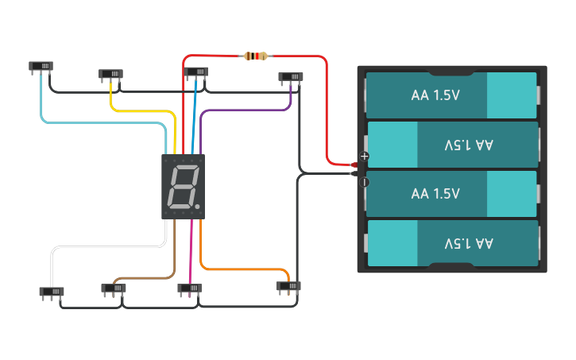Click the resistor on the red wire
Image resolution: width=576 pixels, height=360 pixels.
255,56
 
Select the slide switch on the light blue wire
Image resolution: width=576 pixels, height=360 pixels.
41,66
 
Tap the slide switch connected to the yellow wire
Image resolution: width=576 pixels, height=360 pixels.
110,74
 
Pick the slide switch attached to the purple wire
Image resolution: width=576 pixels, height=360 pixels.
291,77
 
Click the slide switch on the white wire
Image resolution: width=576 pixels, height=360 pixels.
52,292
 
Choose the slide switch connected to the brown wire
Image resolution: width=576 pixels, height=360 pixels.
114,288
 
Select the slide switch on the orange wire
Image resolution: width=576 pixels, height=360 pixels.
288,286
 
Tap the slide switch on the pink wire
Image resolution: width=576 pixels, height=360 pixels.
190,288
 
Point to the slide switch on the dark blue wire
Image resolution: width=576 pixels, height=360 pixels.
196,72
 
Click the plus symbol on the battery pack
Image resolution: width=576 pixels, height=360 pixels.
365,157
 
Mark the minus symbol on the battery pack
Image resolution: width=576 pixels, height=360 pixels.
365,182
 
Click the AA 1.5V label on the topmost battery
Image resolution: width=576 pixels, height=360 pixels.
436,95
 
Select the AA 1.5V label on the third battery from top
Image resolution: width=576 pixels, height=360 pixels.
436,194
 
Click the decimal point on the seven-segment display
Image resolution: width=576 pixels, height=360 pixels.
199,208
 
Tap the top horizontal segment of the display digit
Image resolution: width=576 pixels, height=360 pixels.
185,168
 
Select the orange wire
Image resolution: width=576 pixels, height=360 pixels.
238,269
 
